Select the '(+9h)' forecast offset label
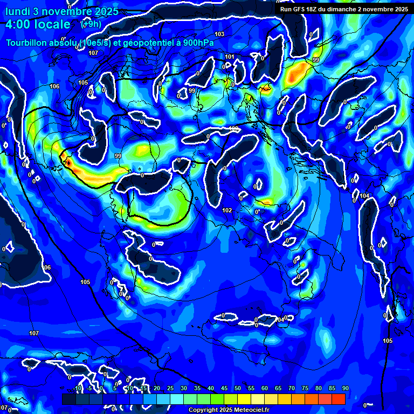click(x=91, y=24)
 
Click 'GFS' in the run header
click(x=303, y=9)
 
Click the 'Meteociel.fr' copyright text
click(x=251, y=410)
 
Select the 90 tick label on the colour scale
click(x=345, y=389)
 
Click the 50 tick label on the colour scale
click(x=238, y=389)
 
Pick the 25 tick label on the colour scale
click(x=170, y=389)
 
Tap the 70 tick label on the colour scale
click(x=292, y=389)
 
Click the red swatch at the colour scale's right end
click(x=338, y=399)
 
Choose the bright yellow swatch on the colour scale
click(x=244, y=399)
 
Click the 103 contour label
click(x=219, y=34)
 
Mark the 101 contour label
click(x=230, y=57)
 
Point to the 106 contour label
click(x=54, y=86)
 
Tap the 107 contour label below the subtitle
click(x=93, y=53)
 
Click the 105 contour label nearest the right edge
click(x=388, y=341)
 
